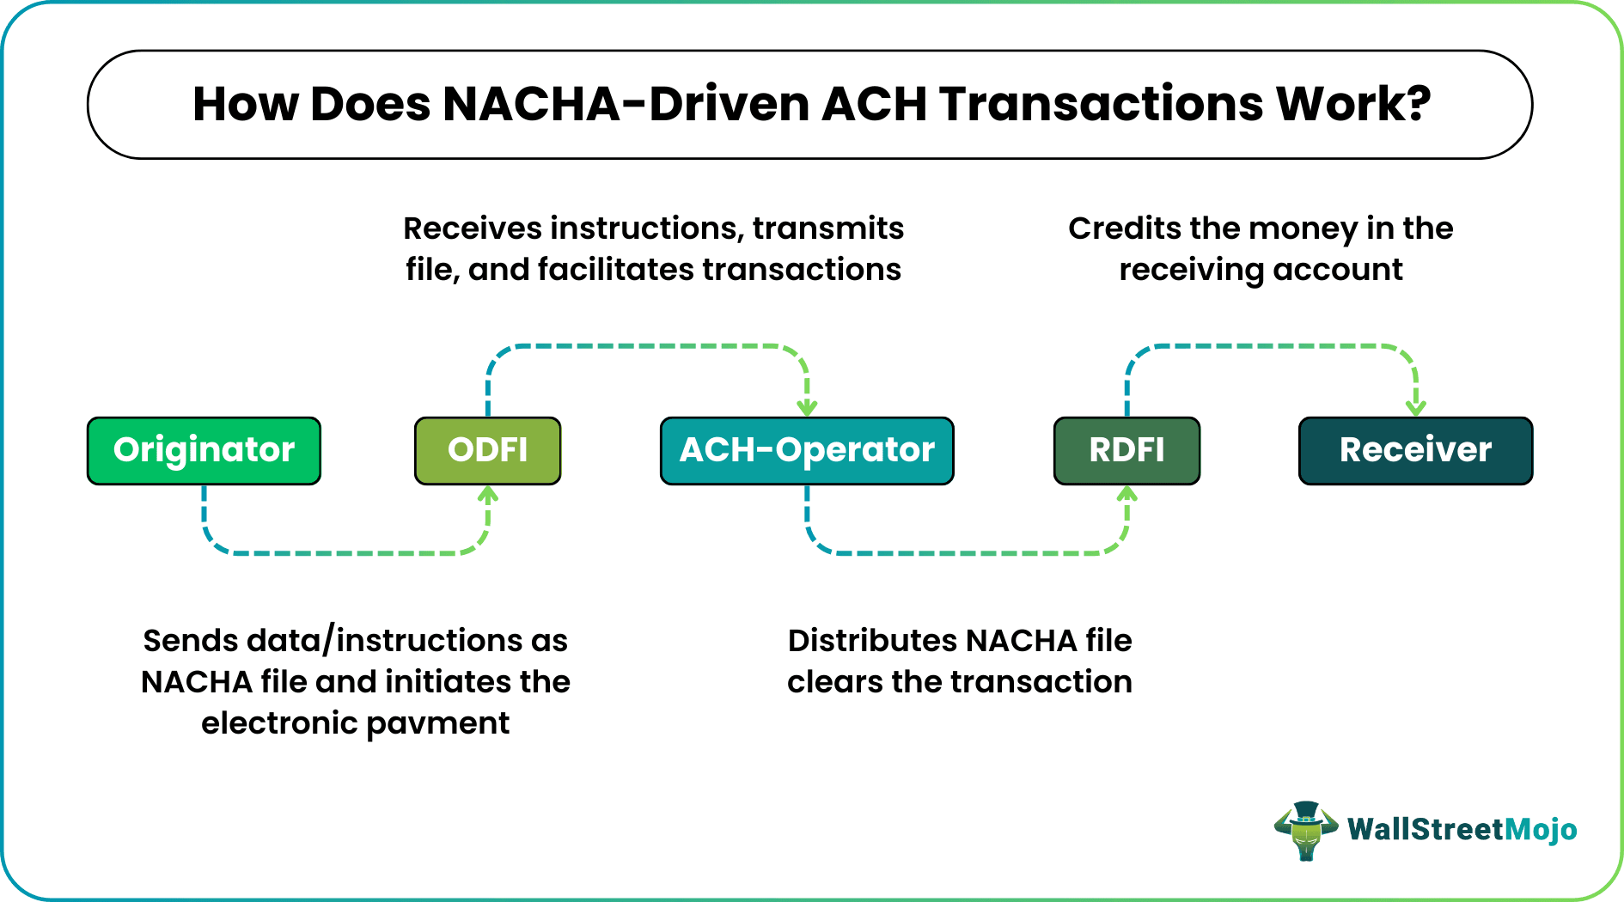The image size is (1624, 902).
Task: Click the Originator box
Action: click(x=204, y=450)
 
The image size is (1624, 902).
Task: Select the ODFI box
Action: click(x=487, y=450)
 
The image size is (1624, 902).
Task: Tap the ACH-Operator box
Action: click(x=806, y=450)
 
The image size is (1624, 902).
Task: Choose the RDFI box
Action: click(x=1126, y=450)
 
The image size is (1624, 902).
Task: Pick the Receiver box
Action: click(x=1415, y=450)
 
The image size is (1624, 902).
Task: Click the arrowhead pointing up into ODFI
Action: click(x=488, y=495)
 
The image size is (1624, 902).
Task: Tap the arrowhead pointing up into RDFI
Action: click(x=1126, y=495)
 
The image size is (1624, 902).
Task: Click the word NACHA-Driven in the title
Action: click(x=626, y=104)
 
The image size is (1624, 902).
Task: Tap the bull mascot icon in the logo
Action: click(x=1305, y=830)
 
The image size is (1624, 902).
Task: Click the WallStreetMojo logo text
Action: click(x=1462, y=830)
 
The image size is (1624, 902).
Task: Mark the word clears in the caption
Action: click(x=834, y=682)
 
